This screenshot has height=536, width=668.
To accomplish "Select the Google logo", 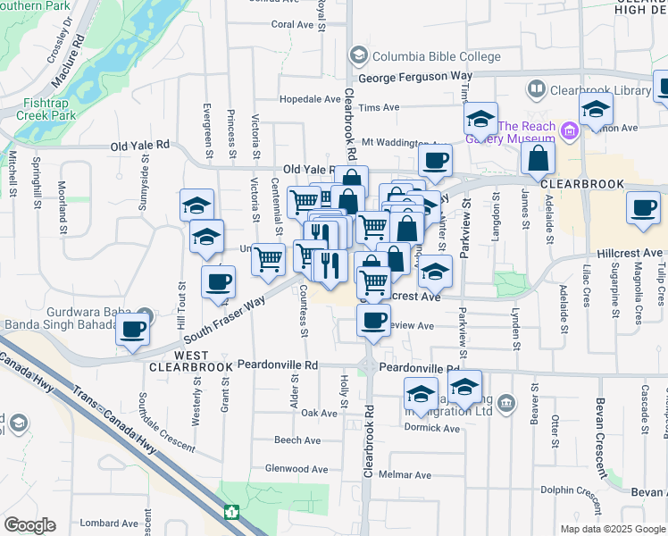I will coord(29,525).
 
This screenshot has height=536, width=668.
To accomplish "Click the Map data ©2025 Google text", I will coord(612,529).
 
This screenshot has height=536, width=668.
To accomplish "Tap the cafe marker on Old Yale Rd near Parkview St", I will coord(435,161).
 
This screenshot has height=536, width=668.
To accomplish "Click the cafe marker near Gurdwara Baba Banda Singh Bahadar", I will coord(133,330).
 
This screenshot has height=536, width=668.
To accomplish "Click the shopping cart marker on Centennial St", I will coord(268,259).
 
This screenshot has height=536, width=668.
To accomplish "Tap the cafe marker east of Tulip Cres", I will coord(642,208).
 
